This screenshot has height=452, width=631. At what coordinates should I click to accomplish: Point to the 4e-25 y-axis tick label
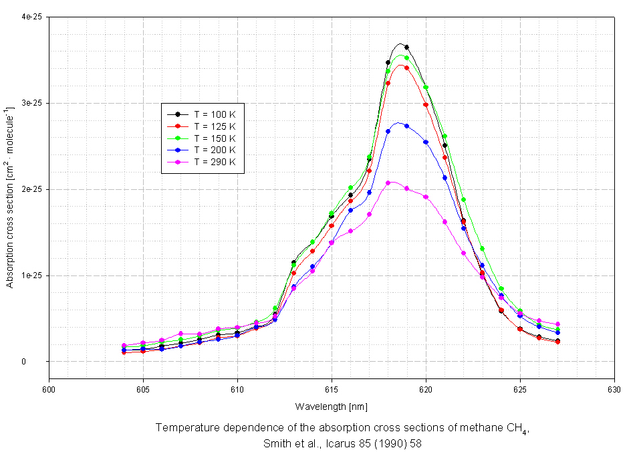[x=30, y=17]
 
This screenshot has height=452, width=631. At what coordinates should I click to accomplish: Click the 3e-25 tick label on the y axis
[x=30, y=104]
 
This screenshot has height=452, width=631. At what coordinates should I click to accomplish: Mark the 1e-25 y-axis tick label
[x=30, y=275]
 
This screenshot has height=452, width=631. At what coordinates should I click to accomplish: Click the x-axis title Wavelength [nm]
[x=332, y=407]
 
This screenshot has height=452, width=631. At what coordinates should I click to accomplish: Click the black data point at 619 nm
[x=406, y=47]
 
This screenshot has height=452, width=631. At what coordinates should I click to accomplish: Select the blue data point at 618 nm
[x=388, y=131]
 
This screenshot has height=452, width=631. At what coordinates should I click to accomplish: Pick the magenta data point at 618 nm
[x=388, y=183]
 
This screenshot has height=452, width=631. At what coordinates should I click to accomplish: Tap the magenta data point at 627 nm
[x=557, y=324]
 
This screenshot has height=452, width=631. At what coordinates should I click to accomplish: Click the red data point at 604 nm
[x=124, y=352]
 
